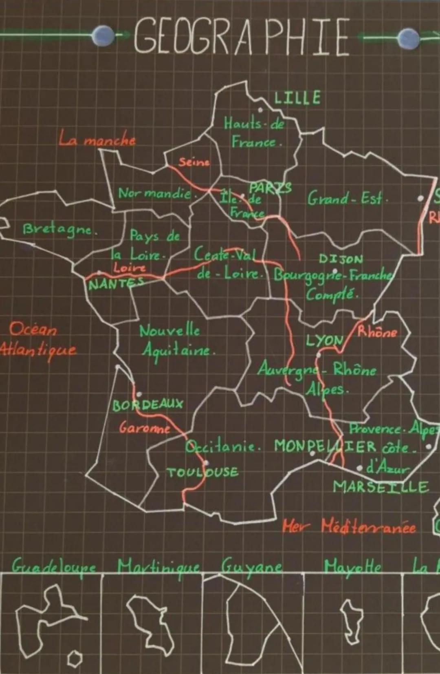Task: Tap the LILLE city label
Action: (x=297, y=98)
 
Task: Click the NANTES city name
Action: (x=116, y=283)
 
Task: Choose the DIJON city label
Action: (x=341, y=259)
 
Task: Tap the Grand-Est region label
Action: (x=347, y=199)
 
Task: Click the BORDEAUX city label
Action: (x=148, y=405)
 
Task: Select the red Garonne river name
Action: (x=145, y=428)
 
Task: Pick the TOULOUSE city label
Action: (x=202, y=472)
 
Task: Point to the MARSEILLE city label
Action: (x=381, y=487)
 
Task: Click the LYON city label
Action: (x=324, y=340)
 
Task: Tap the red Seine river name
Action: (x=194, y=162)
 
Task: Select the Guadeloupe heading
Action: (x=54, y=566)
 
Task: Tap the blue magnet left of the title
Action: (x=103, y=35)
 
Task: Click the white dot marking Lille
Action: (x=260, y=110)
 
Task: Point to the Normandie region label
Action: (x=154, y=193)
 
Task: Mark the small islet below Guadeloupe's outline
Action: (x=75, y=658)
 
